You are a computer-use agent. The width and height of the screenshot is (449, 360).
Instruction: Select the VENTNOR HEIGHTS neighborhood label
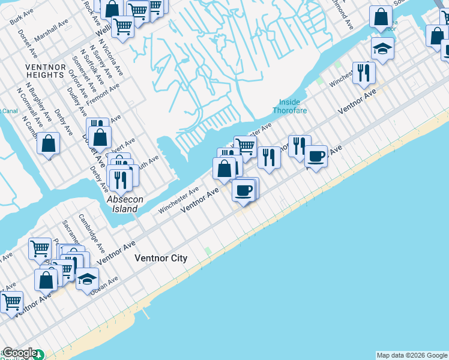click(45, 71)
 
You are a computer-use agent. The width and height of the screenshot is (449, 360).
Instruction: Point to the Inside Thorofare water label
click(291, 106)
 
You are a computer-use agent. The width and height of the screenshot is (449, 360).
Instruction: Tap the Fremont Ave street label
click(103, 94)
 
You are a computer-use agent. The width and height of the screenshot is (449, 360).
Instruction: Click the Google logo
click(20, 353)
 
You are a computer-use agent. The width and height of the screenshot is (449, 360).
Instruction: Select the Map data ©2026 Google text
click(412, 355)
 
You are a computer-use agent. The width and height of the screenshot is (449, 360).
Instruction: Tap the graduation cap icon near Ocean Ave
click(87, 280)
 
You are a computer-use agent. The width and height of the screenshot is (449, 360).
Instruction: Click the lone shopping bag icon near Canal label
click(49, 144)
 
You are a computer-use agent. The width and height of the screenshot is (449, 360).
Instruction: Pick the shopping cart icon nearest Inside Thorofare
click(245, 145)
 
